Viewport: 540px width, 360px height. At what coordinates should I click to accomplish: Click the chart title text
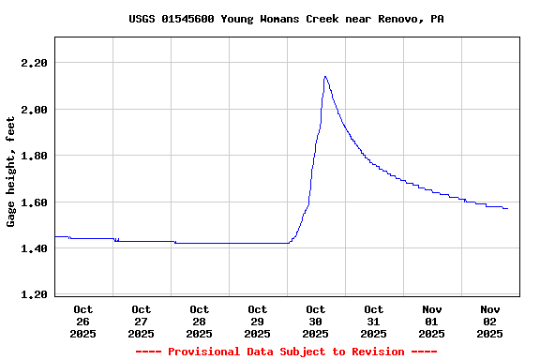tap(286, 19)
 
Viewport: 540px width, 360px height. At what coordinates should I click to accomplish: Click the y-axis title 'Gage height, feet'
tap(11, 172)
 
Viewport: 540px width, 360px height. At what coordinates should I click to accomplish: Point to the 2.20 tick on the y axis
tap(34, 63)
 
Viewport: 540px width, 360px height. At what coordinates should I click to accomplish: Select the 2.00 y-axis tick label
tap(34, 110)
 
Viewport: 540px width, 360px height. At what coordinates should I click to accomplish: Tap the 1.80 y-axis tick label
tap(34, 156)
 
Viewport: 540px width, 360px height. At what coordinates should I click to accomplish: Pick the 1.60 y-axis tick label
tap(34, 202)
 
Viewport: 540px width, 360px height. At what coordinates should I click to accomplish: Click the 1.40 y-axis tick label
tap(34, 248)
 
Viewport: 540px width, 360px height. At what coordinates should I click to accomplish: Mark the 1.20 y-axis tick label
tap(34, 295)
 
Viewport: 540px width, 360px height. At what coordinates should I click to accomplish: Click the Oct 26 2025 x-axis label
tap(83, 321)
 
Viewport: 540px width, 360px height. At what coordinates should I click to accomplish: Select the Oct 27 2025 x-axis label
tap(142, 321)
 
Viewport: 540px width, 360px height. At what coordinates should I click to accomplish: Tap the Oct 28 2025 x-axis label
tap(200, 321)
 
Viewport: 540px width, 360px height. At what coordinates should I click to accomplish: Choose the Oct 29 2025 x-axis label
tap(258, 321)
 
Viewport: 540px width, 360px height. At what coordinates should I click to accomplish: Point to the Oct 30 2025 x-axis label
tap(316, 321)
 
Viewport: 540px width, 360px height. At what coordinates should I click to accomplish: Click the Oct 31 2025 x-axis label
tap(374, 321)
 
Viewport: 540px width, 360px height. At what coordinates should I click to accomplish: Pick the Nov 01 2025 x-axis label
tap(432, 321)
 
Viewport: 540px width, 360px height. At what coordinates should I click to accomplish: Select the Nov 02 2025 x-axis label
tap(490, 321)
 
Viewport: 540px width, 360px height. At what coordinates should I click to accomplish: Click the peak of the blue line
tap(324, 77)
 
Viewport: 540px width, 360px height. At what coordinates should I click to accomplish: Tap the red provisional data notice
tap(286, 352)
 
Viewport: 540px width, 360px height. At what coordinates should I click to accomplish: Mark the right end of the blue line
tap(507, 208)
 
